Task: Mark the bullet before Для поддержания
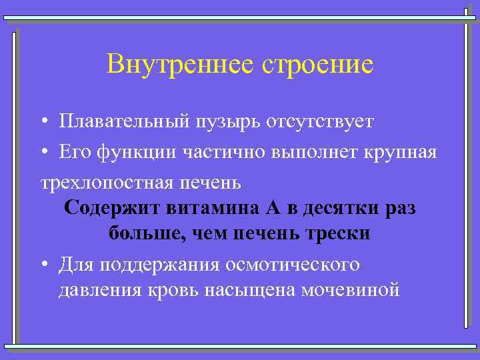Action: pos(42,265)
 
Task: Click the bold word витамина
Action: pos(212,208)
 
